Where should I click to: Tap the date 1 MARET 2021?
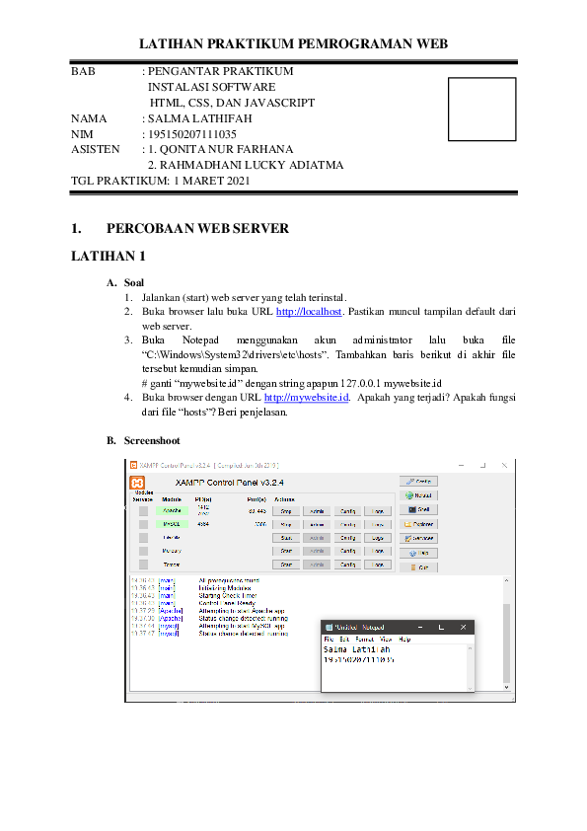tap(212, 181)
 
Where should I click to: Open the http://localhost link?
tap(309, 311)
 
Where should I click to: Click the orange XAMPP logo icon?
tap(139, 483)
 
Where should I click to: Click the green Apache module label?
tap(172, 511)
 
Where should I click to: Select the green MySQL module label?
tap(172, 525)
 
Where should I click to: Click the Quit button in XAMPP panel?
tap(418, 567)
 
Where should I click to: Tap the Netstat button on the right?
tap(418, 494)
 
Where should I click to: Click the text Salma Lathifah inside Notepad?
tap(356, 650)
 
